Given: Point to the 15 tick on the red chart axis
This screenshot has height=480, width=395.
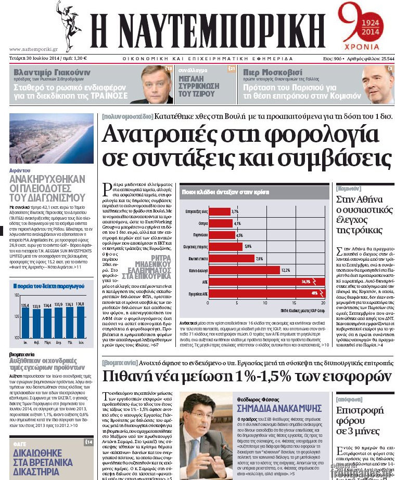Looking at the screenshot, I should tap(294, 302).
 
